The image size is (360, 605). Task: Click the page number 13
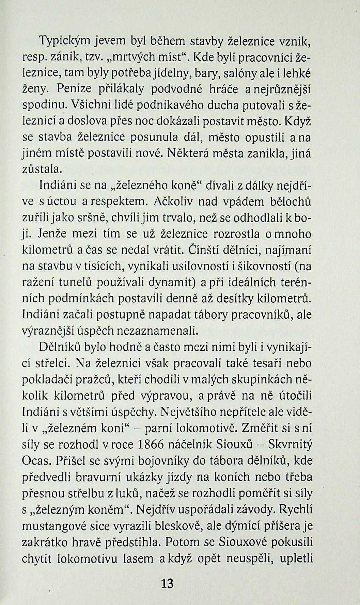168,584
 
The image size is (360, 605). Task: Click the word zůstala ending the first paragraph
42,169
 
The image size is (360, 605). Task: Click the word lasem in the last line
134,559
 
